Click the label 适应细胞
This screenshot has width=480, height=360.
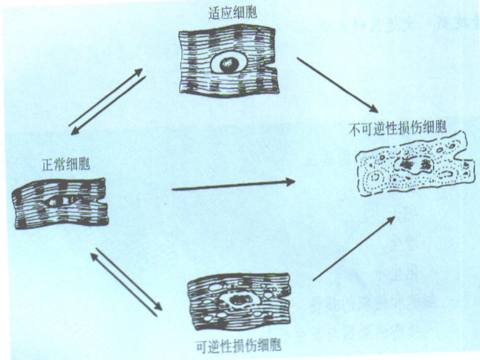tap(232, 13)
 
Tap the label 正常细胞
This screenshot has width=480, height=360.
tap(66, 165)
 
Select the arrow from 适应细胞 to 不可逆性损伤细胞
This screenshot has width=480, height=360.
tap(337, 85)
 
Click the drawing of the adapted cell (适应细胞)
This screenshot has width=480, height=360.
tap(229, 60)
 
